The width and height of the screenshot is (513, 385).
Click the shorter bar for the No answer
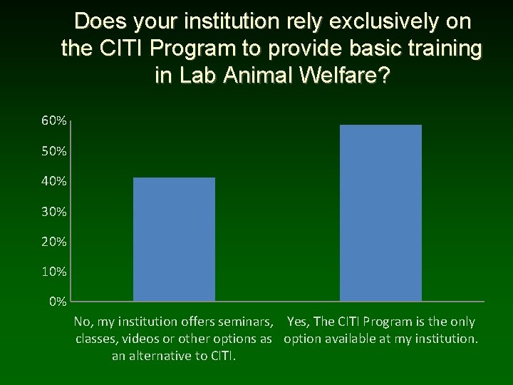coord(174,239)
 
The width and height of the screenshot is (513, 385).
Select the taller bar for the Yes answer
coord(380,212)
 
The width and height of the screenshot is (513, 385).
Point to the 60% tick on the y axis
coord(54,121)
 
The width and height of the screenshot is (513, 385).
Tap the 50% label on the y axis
coord(54,152)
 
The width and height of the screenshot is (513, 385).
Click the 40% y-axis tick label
coord(54,182)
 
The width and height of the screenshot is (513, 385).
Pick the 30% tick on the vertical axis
coord(54,212)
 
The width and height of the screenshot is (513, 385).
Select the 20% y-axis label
coord(54,242)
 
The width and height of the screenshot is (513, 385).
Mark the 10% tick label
coord(54,272)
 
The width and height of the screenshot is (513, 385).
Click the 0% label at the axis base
coord(58,302)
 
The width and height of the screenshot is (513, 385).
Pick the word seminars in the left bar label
coord(244,322)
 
